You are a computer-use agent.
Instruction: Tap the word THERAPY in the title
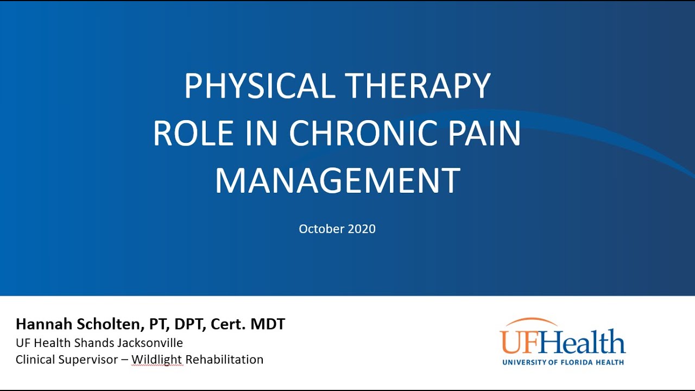point(418,86)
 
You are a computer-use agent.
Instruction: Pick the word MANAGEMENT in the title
point(337,181)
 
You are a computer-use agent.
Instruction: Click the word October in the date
point(321,229)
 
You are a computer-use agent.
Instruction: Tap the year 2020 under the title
point(361,229)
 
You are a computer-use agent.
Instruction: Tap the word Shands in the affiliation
point(96,343)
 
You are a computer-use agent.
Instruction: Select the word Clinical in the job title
point(36,360)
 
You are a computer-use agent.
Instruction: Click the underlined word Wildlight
point(157,360)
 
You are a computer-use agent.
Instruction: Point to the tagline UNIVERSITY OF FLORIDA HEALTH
point(563,362)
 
